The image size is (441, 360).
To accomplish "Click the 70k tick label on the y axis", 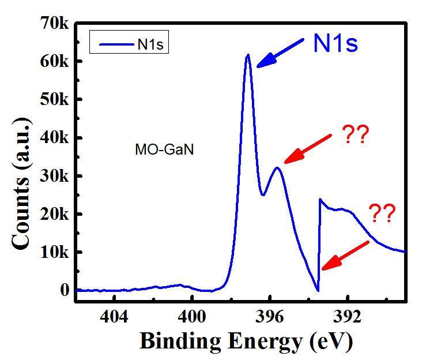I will click(x=54, y=24).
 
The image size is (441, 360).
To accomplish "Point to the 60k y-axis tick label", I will click(x=54, y=62).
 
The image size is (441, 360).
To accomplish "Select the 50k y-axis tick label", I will click(x=54, y=100).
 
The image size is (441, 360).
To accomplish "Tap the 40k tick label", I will click(x=54, y=138).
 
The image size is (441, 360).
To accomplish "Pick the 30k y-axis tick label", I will click(x=54, y=176).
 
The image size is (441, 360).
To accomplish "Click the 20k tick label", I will click(x=54, y=214).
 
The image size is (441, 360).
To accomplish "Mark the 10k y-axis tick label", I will click(x=54, y=252).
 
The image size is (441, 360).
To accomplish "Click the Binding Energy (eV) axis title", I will click(x=246, y=342).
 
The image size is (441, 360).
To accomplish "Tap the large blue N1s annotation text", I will click(x=336, y=44).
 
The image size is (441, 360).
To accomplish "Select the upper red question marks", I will click(x=355, y=135).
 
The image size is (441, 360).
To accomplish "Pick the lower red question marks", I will click(x=382, y=213).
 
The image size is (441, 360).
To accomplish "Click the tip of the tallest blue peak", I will click(x=248, y=55).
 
